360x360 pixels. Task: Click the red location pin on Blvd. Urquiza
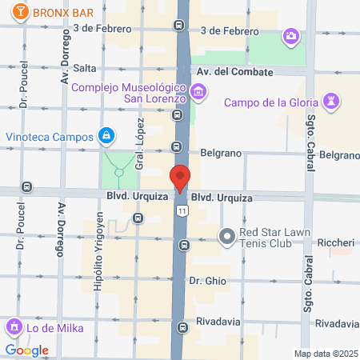click(180, 178)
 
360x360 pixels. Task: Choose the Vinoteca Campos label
click(50, 137)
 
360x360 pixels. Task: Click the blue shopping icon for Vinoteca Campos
click(106, 137)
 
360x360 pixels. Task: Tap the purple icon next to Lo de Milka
click(13, 326)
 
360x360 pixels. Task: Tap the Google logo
click(26, 350)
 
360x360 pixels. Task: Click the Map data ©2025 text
click(325, 354)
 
